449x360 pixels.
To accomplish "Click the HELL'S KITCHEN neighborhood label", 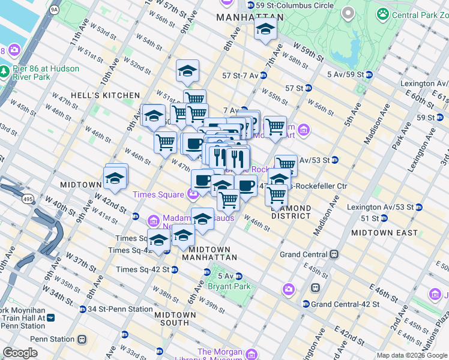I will [x=105, y=95].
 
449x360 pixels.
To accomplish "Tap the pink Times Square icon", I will [x=193, y=194].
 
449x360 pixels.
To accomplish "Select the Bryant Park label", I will [x=226, y=287].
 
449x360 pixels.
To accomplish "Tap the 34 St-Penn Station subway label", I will [x=117, y=309].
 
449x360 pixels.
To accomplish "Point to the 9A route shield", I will [x=55, y=10].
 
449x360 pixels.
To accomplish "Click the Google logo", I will [x=20, y=353].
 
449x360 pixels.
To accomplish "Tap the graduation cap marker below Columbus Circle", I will [x=265, y=29].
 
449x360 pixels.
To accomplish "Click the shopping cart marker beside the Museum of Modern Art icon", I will [x=275, y=127].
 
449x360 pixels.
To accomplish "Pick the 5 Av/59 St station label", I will [x=341, y=74].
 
